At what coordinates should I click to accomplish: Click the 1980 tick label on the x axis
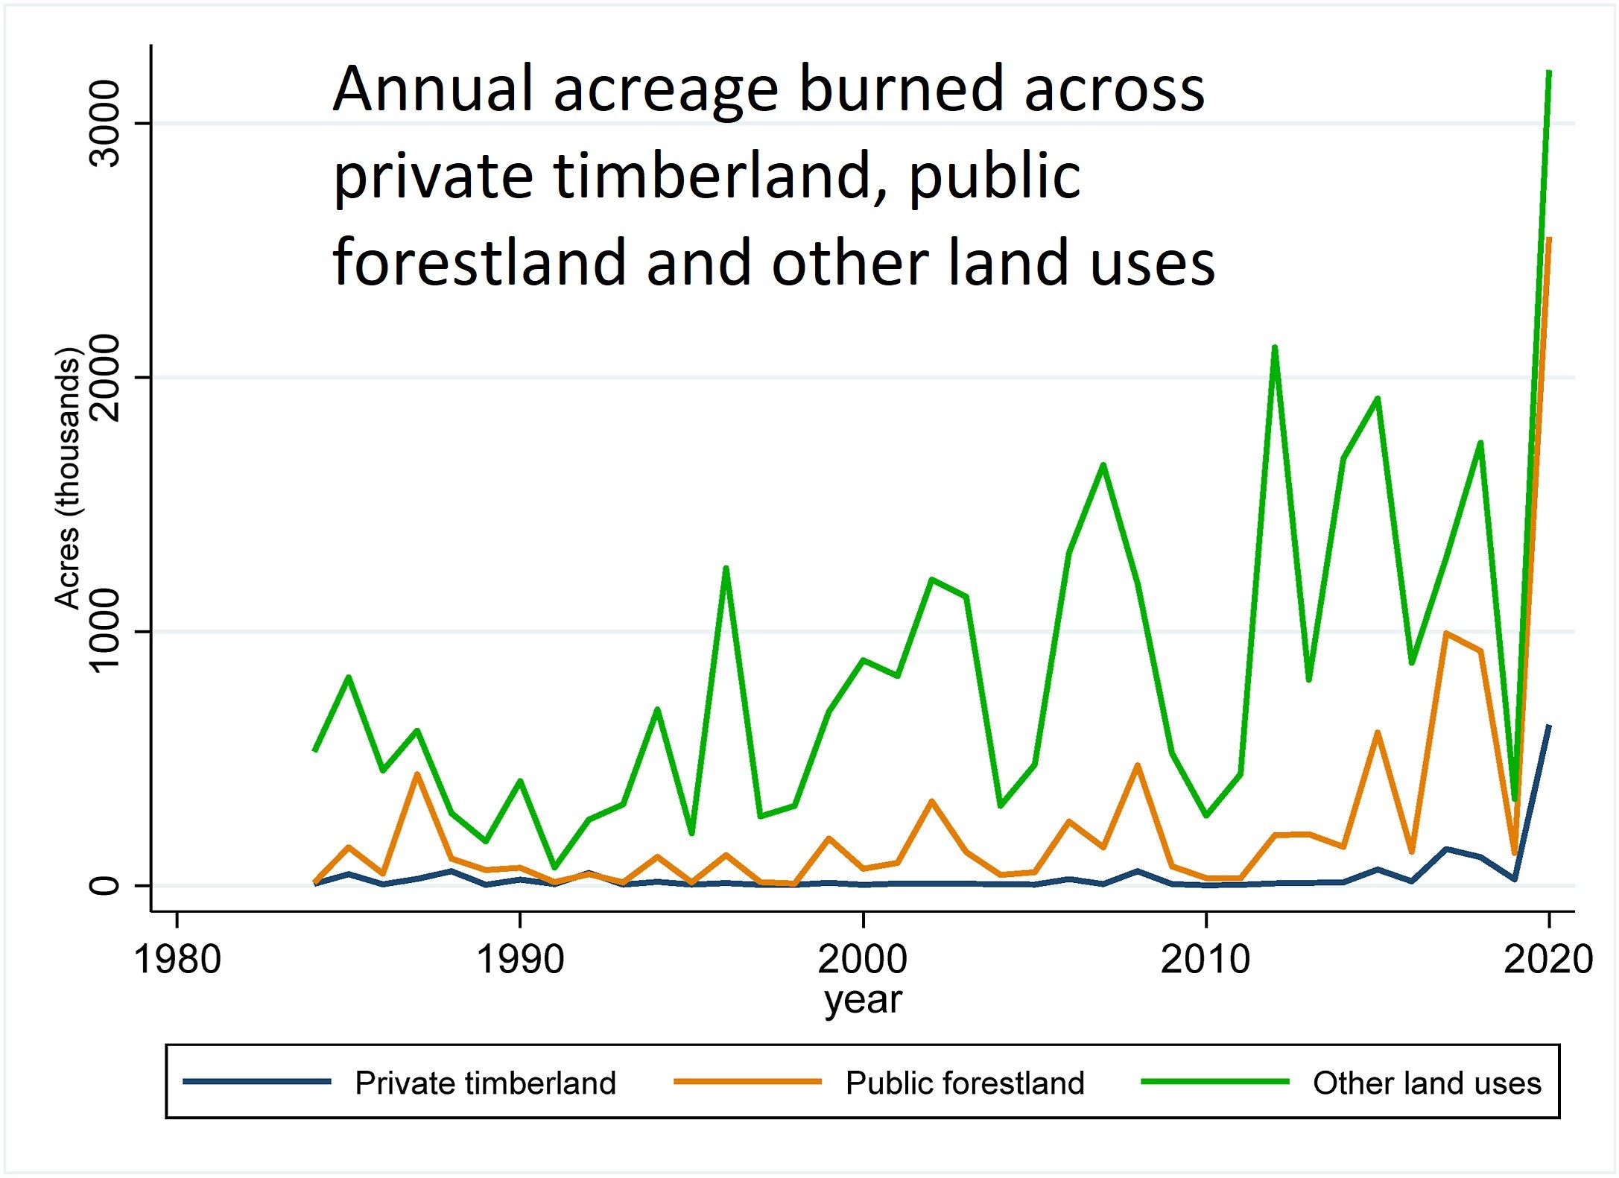click(x=177, y=959)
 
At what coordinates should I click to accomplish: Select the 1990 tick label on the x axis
click(x=520, y=959)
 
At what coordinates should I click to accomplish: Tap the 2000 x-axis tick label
click(x=863, y=959)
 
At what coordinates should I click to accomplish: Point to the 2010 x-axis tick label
click(x=1205, y=959)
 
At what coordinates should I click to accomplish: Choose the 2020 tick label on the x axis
click(x=1548, y=959)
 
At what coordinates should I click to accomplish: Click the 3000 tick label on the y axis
click(x=103, y=124)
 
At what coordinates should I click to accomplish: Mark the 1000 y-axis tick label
click(x=103, y=631)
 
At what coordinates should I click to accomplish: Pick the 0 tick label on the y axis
click(x=103, y=885)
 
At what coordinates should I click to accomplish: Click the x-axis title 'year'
click(x=863, y=1000)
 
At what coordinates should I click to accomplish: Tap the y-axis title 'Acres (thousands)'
click(x=67, y=478)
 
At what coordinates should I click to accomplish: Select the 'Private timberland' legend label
click(x=486, y=1083)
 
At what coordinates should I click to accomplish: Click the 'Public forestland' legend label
click(x=965, y=1083)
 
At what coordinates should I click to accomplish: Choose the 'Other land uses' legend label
click(x=1427, y=1083)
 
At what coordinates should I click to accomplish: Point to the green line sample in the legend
click(x=1215, y=1081)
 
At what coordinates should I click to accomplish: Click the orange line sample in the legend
click(x=747, y=1081)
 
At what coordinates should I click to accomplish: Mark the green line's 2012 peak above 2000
click(x=1275, y=347)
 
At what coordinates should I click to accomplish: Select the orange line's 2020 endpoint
click(x=1549, y=239)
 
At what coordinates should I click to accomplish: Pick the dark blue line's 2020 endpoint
click(x=1549, y=726)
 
